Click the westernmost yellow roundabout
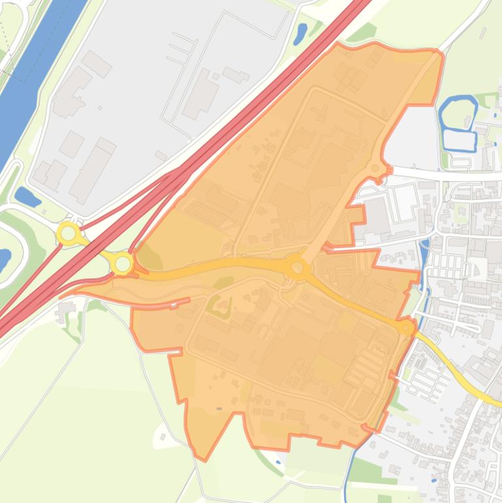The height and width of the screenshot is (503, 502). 68,233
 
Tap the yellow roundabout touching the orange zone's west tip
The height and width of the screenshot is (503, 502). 123,264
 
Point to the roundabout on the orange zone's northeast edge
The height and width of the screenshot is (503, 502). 375,169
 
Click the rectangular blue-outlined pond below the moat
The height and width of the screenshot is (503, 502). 459,139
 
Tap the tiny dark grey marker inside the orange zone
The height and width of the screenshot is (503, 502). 219,409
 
